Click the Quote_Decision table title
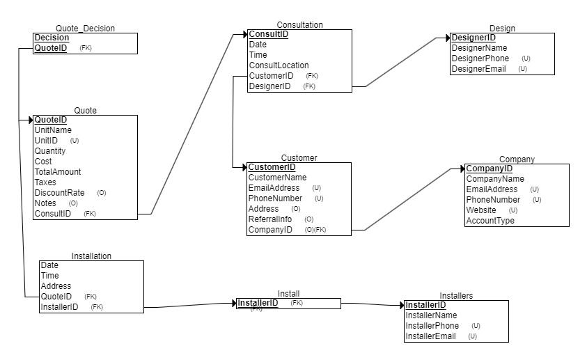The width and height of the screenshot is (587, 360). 85,29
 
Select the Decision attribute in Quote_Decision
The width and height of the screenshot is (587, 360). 52,38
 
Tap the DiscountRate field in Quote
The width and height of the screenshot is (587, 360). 60,193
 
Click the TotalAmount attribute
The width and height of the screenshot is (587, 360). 58,172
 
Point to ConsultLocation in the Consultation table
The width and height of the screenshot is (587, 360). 279,65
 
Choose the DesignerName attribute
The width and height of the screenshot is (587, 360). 479,48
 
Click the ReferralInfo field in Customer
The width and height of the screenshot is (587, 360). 271,219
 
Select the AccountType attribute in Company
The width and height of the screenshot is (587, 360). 490,221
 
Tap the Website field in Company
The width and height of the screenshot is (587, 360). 481,210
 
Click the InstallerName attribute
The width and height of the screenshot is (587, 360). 431,315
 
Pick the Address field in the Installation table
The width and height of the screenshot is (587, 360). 56,286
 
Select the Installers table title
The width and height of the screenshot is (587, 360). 456,296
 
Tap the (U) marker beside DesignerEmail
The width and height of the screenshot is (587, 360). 522,69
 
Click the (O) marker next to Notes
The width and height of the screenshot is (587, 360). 73,203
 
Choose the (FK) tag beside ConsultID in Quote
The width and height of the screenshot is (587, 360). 90,214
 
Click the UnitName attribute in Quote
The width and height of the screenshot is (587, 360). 53,130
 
